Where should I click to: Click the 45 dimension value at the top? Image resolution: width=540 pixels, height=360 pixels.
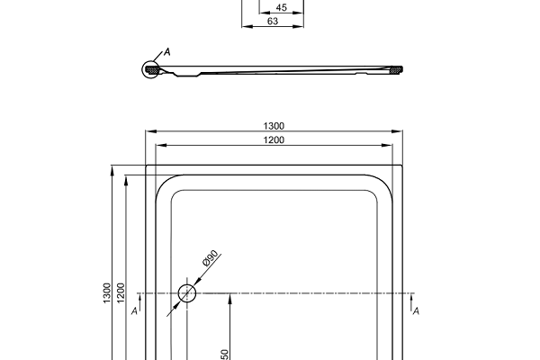282,8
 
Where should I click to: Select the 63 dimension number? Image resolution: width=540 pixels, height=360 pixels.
273,21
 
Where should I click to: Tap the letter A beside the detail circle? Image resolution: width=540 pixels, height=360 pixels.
166,53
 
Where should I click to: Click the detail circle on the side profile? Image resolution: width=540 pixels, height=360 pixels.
151,69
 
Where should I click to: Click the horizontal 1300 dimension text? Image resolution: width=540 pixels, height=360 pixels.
274,126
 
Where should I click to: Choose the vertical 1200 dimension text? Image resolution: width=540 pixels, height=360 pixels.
121,294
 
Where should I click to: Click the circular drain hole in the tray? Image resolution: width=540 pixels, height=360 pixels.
187,293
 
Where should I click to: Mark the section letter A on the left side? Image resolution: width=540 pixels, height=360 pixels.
134,310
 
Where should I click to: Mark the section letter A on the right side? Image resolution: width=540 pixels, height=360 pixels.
416,310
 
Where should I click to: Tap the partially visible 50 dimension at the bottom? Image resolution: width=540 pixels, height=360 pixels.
225,355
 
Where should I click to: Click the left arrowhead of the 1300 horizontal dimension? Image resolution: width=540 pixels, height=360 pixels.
149,131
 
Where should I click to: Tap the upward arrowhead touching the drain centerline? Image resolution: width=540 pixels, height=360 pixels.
231,298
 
